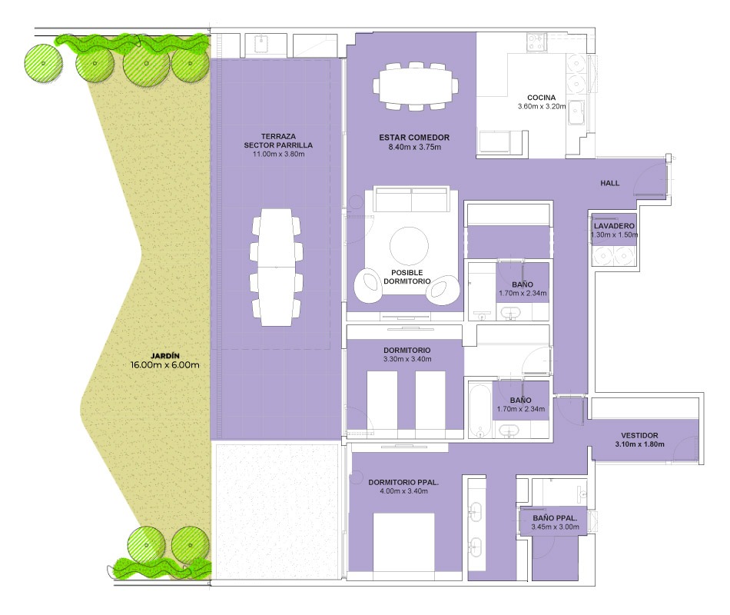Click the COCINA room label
541,98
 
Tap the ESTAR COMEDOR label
414,138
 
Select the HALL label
609,183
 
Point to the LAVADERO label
614,226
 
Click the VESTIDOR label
639,435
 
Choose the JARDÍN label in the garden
164,356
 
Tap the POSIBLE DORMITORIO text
407,277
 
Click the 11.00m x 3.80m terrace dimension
278,155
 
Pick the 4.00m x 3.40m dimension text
403,491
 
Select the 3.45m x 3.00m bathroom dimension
555,527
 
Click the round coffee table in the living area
409,246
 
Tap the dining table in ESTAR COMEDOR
415,86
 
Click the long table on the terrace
277,268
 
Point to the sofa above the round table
412,199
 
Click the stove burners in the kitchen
536,42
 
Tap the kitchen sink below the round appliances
576,113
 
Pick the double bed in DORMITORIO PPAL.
403,542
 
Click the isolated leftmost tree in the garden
43,63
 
